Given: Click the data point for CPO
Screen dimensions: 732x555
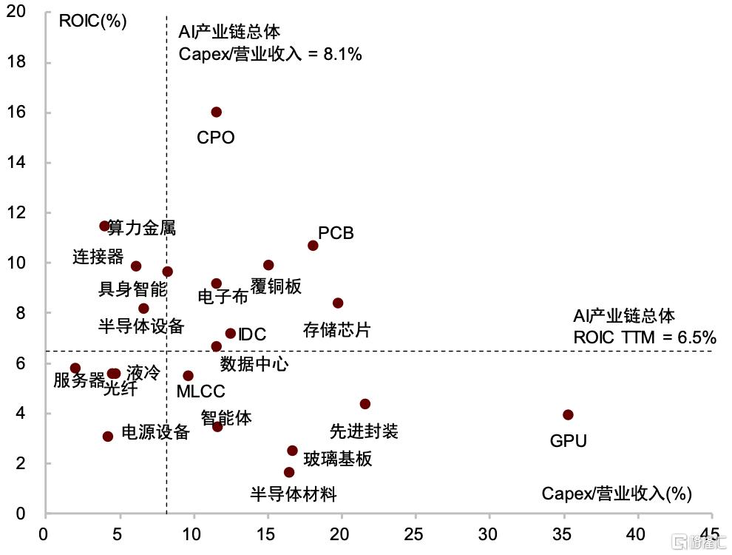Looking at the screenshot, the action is point(216,112).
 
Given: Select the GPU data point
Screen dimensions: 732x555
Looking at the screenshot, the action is point(568,414).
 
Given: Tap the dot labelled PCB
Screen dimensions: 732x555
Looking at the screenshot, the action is point(313,245).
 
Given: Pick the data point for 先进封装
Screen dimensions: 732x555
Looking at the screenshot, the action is point(365,403).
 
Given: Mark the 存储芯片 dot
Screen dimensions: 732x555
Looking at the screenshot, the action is point(338,303).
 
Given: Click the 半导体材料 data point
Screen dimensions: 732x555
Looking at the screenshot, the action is point(289,472).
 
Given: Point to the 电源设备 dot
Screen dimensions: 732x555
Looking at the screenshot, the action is point(108,437).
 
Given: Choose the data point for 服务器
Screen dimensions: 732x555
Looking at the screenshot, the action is point(75,368).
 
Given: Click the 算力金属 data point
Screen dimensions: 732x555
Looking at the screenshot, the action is point(104,226).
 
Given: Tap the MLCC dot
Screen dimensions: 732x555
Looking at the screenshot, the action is point(188,376).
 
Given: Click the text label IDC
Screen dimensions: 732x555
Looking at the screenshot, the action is point(252,334).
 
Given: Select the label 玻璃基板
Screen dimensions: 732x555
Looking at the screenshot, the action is point(338,459).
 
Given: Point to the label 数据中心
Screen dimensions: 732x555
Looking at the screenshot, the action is point(254,364).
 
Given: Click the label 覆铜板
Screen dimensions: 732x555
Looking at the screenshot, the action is point(276,286).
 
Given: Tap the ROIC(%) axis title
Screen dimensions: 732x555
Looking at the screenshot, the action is point(93,21).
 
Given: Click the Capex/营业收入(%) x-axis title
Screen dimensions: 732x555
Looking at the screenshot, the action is point(617,494).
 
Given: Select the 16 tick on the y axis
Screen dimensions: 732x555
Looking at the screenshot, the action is point(16,112).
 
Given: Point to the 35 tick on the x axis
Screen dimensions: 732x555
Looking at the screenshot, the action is point(562,534).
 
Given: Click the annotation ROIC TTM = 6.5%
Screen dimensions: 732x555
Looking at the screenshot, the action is point(645,337).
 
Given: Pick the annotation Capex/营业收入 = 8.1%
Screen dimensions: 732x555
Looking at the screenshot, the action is point(271,54).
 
